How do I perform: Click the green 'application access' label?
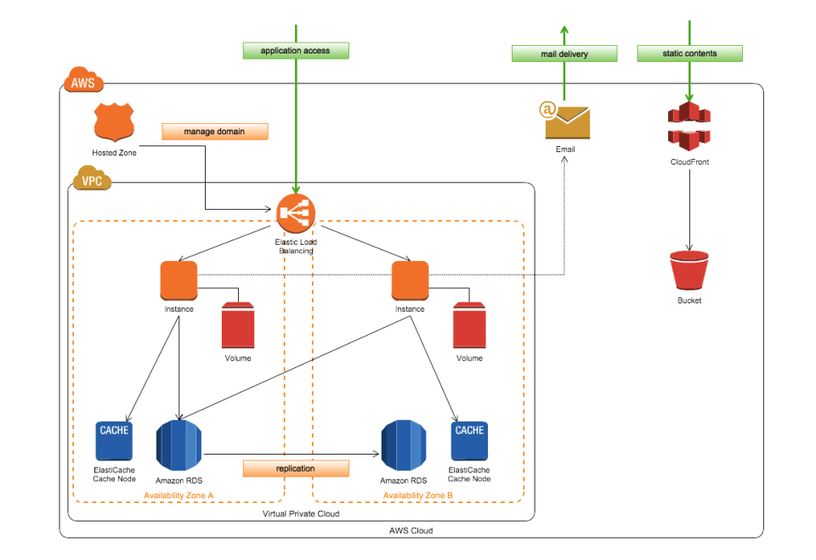[295, 51]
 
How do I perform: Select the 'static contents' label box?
[689, 53]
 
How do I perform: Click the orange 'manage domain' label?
[214, 132]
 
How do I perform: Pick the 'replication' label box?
[296, 468]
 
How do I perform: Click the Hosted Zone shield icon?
[114, 123]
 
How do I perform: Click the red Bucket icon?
[689, 270]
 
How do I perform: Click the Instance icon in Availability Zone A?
[178, 280]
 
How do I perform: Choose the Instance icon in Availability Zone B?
[410, 280]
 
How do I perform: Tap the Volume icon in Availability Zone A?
[238, 325]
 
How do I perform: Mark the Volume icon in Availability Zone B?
[469, 325]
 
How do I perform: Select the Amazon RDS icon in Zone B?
[403, 445]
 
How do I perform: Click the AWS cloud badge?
[82, 82]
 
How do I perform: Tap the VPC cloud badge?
[92, 181]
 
